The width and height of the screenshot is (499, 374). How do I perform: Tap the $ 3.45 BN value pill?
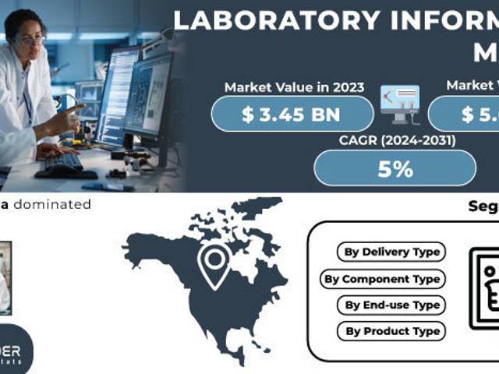tap(292, 115)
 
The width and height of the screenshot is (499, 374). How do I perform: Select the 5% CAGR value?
tap(395, 168)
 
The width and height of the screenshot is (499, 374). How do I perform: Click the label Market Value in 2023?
tap(294, 87)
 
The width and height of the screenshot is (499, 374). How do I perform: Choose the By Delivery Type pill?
tap(391, 252)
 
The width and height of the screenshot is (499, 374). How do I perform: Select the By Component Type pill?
tap(382, 279)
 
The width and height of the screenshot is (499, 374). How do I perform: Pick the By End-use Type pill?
tap(391, 305)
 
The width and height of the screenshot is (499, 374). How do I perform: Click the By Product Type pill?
tap(391, 331)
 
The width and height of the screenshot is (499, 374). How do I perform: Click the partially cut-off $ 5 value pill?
tap(465, 115)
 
